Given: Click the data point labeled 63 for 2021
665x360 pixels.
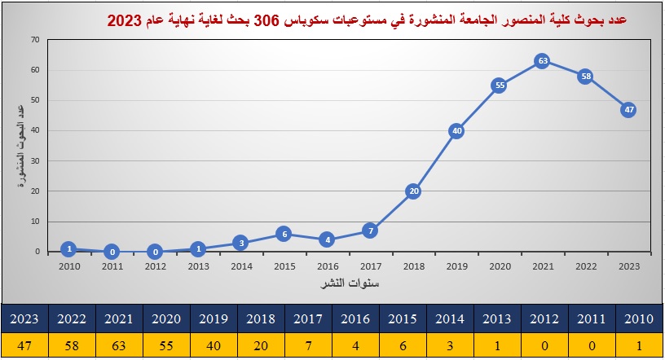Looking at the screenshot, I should coord(542,60).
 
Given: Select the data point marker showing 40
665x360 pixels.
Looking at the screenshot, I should coord(456,130).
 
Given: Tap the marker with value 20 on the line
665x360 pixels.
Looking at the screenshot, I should coord(413,191).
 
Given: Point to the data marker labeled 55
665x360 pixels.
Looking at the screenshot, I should coord(500,85).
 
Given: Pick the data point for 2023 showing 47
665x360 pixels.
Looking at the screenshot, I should coord(628,109).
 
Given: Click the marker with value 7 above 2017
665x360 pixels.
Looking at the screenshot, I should coord(370,230).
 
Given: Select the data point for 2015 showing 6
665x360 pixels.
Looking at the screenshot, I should coord(283,234).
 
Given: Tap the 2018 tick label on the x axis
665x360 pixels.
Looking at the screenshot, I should coord(413,266).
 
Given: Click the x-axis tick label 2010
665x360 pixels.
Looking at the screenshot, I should coord(69,266).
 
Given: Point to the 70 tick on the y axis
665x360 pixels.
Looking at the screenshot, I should coord(34,39).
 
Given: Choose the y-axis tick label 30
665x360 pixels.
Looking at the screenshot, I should coord(34,160).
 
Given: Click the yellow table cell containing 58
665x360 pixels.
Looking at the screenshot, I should coord(72,345).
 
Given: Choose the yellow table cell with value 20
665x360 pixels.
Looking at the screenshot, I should coord(261,345).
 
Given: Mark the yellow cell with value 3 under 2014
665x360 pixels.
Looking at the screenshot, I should coord(450,345).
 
